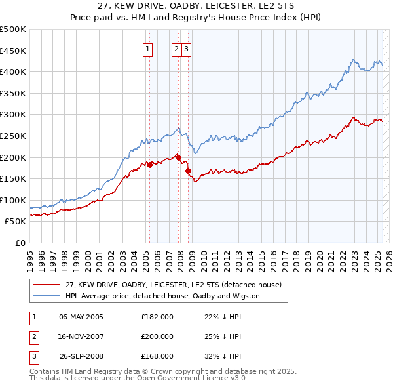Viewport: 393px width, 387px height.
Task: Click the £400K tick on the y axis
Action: [13, 71]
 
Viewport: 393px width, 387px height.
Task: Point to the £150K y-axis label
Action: [13, 178]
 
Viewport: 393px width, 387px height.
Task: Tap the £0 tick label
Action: [20, 243]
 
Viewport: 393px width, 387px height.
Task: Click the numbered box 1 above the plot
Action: [147, 48]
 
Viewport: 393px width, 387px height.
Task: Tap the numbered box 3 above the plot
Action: [186, 48]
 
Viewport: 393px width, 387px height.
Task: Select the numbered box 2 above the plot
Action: [176, 48]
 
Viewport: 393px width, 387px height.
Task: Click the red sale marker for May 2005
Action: [149, 165]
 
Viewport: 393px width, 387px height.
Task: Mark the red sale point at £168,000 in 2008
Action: [189, 171]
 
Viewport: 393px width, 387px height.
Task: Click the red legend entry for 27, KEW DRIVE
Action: [173, 285]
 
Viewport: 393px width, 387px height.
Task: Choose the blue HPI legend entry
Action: [162, 296]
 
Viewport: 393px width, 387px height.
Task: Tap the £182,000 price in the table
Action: [157, 317]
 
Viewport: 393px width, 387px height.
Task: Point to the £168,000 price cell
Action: [157, 356]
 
